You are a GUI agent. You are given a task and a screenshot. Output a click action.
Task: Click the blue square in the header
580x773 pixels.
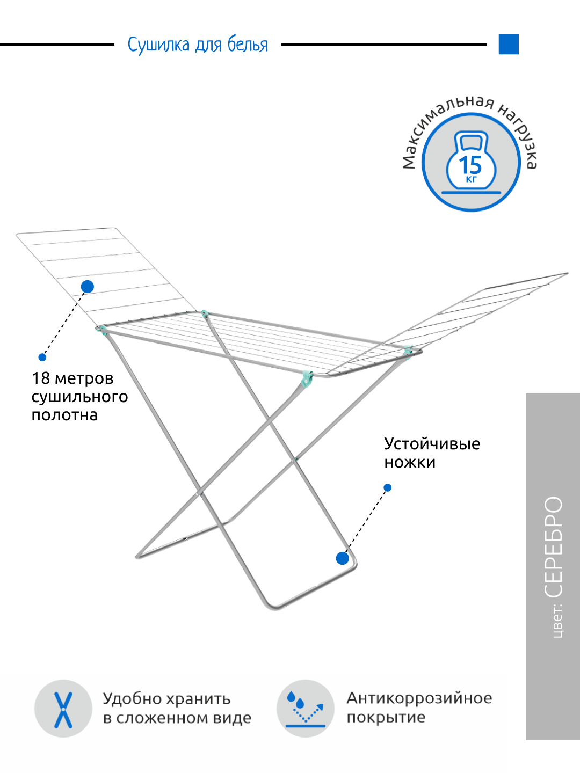click(x=509, y=45)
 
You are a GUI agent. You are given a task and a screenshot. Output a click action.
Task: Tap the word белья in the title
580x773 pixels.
click(x=248, y=45)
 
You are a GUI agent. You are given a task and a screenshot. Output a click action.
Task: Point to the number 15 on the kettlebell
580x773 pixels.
click(x=470, y=164)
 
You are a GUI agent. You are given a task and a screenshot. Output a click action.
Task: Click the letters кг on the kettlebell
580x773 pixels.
click(x=471, y=179)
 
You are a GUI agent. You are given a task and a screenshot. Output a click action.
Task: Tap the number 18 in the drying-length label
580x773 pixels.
click(x=41, y=378)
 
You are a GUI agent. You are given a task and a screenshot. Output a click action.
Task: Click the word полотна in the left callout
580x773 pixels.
click(x=64, y=415)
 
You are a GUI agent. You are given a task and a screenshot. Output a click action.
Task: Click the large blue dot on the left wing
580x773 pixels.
click(x=88, y=287)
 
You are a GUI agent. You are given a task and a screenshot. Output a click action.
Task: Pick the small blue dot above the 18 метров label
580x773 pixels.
click(x=42, y=358)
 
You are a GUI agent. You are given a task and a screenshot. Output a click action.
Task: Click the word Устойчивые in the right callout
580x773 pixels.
click(x=432, y=444)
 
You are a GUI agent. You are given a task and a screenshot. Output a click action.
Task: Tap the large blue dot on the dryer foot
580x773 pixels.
click(x=343, y=559)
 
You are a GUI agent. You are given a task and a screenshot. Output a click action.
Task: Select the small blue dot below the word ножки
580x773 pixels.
click(x=388, y=488)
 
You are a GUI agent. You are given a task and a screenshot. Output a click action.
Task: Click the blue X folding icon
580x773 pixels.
click(x=63, y=709)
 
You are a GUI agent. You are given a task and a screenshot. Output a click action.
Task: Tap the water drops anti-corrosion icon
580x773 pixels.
click(x=306, y=709)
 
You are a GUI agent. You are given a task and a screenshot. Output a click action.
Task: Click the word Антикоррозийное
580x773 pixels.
click(x=419, y=698)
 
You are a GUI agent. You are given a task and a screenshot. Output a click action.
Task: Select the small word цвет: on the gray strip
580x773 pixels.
click(x=557, y=621)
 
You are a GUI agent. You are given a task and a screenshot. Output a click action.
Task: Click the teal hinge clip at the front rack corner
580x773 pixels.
click(x=307, y=378)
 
